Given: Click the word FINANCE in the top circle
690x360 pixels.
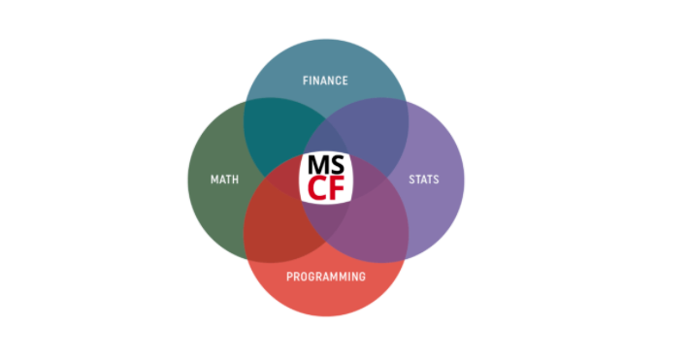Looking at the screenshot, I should (x=325, y=81).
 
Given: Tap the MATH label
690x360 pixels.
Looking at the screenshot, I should (x=225, y=180).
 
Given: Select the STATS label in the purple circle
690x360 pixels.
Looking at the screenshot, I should (x=425, y=180).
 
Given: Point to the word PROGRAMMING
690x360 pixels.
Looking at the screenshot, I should (x=326, y=277).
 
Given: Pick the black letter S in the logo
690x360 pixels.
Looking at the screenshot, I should (x=336, y=165).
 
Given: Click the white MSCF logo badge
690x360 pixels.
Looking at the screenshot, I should (x=326, y=177).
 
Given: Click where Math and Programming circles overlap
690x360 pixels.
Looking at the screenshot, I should (x=274, y=225).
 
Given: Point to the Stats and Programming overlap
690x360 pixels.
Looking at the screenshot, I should (x=377, y=225).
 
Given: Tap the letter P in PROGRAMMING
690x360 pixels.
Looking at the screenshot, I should (x=289, y=277).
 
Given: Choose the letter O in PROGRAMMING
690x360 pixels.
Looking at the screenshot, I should (x=304, y=277).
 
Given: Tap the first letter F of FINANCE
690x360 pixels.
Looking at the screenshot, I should (x=306, y=81).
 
